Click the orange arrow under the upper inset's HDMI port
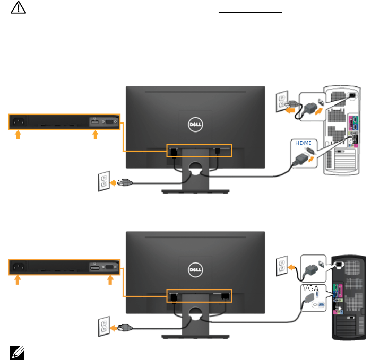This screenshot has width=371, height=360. coord(96,136)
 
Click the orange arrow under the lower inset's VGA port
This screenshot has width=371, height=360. coord(110,280)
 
